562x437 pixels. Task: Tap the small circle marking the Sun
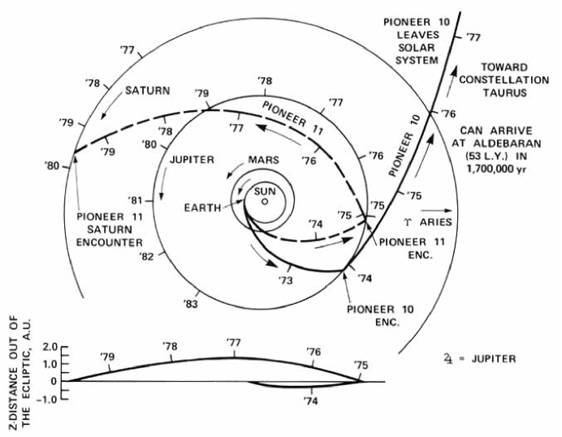point(265,201)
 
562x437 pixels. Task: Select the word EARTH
point(202,207)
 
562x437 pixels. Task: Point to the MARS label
point(265,161)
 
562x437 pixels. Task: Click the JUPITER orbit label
point(192,160)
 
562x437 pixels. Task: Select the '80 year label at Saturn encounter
point(53,165)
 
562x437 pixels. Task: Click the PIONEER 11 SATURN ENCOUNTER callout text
point(110,229)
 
